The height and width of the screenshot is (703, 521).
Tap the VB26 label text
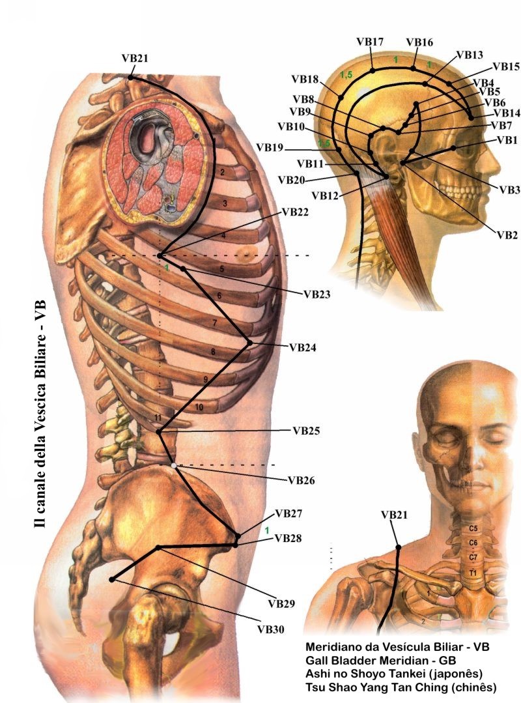click(301, 481)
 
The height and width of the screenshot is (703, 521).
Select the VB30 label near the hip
click(270, 629)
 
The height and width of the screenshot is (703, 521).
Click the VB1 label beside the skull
click(507, 139)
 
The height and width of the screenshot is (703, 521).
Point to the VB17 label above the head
click(369, 42)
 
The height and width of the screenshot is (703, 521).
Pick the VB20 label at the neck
click(291, 179)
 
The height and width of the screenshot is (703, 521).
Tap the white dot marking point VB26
click(174, 465)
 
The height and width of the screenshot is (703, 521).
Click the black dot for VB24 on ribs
click(249, 342)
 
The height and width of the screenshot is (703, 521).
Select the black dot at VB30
click(111, 579)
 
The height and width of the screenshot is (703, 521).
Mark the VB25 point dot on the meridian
click(159, 431)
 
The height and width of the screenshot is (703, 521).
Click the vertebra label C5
click(473, 528)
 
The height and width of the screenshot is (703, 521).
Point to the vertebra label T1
click(473, 572)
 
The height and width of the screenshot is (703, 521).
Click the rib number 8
click(213, 352)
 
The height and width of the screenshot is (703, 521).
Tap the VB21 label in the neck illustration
click(394, 515)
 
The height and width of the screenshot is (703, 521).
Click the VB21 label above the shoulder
click(135, 57)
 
